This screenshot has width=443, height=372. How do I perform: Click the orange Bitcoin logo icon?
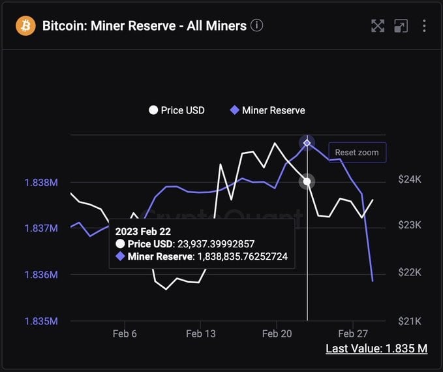[26, 26]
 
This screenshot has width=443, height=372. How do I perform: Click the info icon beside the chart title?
[257, 26]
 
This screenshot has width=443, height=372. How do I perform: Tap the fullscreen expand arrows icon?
[378, 26]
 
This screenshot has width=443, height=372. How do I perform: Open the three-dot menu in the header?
[424, 26]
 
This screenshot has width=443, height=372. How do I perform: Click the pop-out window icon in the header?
[401, 26]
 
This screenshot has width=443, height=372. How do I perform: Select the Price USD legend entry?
[177, 110]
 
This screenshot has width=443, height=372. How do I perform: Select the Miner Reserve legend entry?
[267, 110]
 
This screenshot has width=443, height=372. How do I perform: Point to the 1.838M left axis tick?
[40, 182]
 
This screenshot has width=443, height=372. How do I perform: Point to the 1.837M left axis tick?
[40, 228]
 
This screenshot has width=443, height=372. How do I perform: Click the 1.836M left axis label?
[40, 275]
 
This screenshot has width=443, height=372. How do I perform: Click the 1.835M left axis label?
[40, 321]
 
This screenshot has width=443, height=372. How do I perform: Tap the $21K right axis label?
[410, 321]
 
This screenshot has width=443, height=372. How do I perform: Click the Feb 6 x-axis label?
[125, 333]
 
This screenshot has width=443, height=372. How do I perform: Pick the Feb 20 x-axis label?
[277, 333]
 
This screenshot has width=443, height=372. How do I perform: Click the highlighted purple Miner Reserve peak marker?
[307, 143]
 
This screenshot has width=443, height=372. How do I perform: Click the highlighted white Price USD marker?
[307, 181]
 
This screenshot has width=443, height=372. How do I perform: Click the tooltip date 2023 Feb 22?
[144, 231]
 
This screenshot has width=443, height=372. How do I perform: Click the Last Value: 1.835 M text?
[376, 349]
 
